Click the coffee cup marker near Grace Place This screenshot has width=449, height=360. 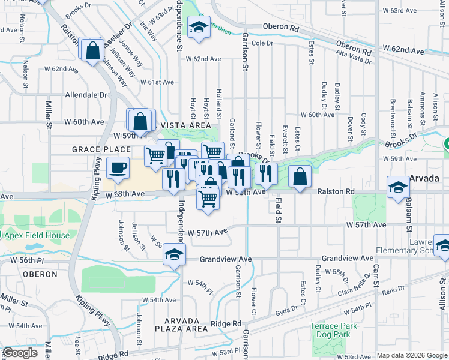coord(118,167)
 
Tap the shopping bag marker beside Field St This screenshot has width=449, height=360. coord(300,176)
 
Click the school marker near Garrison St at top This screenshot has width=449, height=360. coord(198,28)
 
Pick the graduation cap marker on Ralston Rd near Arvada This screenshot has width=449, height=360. coord(397,187)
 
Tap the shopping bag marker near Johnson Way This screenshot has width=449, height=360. coord(93,50)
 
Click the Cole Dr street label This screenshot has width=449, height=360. coord(262,43)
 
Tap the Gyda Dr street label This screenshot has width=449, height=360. coord(287,311)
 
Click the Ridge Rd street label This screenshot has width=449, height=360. coord(226,323)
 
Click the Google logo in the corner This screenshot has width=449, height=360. coord(19,353)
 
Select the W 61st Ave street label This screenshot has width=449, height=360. coord(157,82)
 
